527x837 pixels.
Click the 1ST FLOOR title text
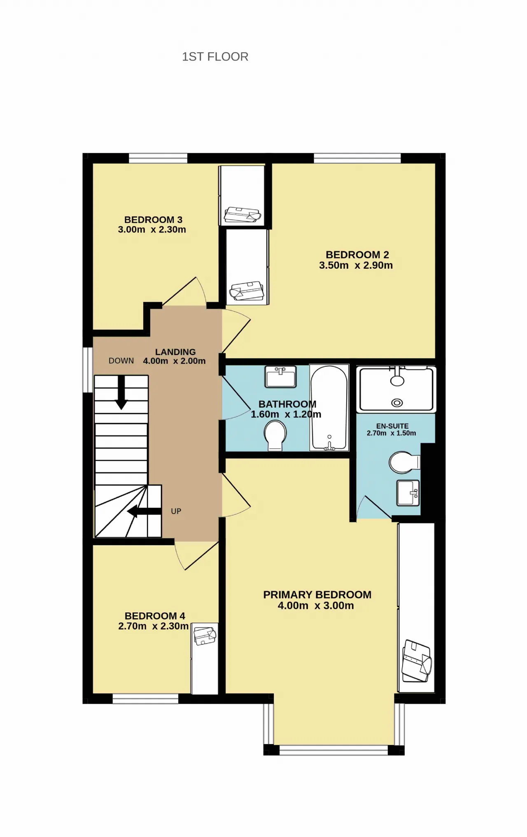pos(215,57)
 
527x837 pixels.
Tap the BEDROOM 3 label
pos(153,220)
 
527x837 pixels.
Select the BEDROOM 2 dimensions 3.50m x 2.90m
pos(356,265)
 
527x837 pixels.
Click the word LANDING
pos(175,352)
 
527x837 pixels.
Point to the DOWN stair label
pos(121,361)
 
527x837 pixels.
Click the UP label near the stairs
pos(176,511)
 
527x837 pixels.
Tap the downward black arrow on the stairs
pos(121,392)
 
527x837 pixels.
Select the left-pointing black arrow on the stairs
pos(144,511)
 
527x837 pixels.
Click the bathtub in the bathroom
pos(329,408)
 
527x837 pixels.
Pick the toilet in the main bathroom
pos(275,437)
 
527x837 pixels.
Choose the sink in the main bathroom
pos(281,377)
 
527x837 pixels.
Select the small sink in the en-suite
pos(408,493)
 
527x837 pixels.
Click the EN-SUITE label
pos(392,426)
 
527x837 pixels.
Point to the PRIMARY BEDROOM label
pos(317,595)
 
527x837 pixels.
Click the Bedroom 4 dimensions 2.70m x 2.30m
pos(153,626)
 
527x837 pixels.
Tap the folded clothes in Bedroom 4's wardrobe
pos(205,636)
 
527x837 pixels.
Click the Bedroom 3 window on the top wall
pos(158,158)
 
